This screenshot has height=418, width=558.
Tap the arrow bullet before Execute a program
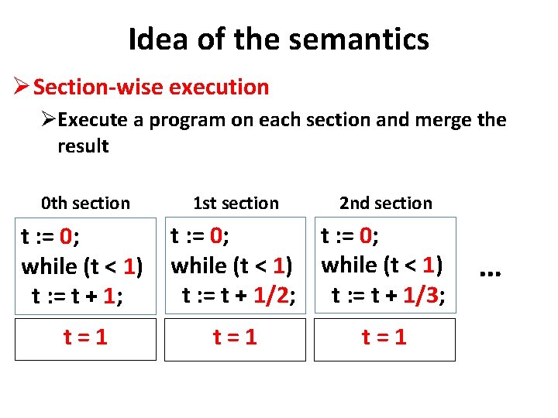tap(49, 120)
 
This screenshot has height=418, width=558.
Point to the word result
tap(83, 146)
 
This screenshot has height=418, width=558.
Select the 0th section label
tap(85, 204)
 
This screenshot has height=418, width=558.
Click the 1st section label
tap(236, 204)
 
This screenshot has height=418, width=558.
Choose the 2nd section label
tap(386, 204)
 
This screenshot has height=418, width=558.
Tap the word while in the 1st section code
tap(198, 266)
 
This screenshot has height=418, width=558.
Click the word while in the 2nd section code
tap(349, 265)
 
